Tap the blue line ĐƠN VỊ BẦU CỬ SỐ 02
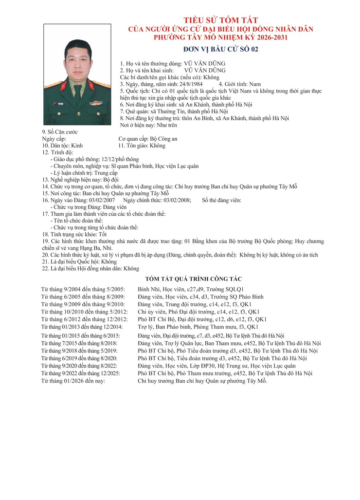tap(221, 49)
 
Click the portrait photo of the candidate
tap(77, 74)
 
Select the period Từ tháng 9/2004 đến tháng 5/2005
tap(83, 289)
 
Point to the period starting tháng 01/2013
tap(83, 327)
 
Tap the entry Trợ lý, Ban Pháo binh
tap(198, 327)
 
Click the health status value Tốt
tap(103, 234)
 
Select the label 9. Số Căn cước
tap(60, 132)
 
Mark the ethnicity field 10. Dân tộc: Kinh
tap(63, 146)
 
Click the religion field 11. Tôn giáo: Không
tap(142, 146)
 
